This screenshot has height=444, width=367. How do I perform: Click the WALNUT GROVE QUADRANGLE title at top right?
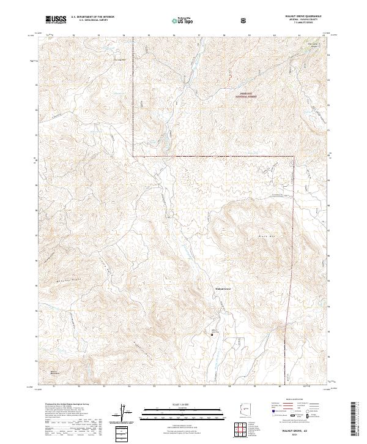tap(303, 17)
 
